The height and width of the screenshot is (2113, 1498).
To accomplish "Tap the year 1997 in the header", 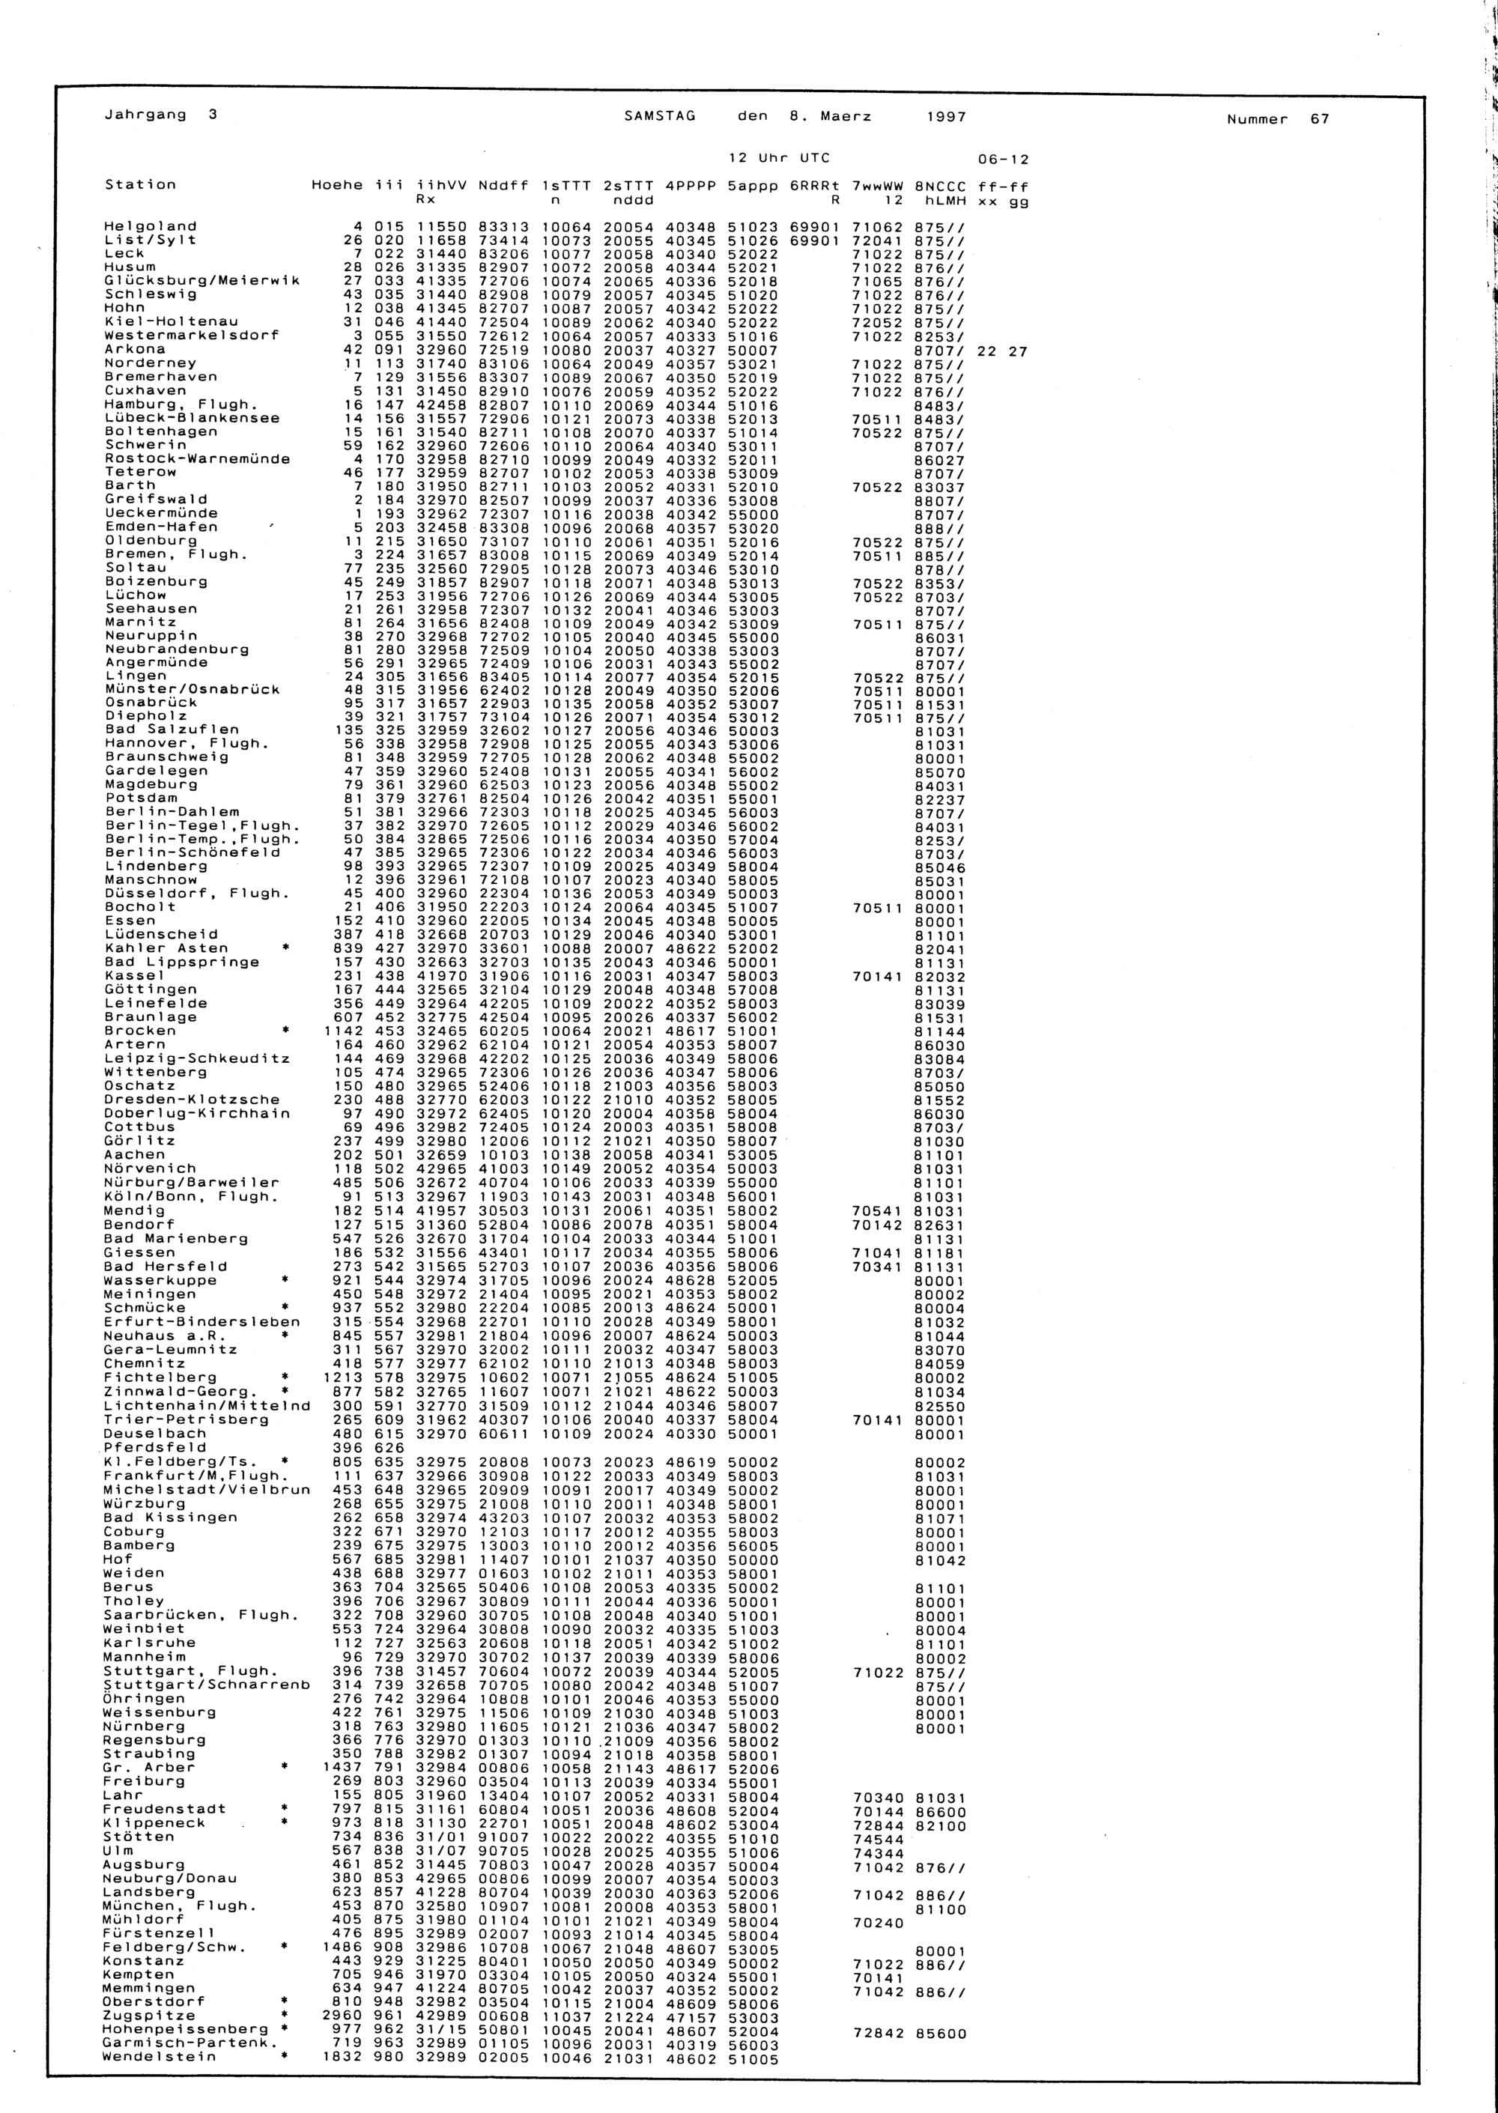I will click(x=947, y=117).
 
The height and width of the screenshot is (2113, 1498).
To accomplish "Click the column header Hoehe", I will click(x=338, y=184).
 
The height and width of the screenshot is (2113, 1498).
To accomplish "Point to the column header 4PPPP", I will click(x=690, y=185).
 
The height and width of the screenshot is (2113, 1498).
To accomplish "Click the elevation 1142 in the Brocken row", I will click(x=343, y=1030).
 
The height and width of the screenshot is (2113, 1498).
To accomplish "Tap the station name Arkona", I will click(x=135, y=350).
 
